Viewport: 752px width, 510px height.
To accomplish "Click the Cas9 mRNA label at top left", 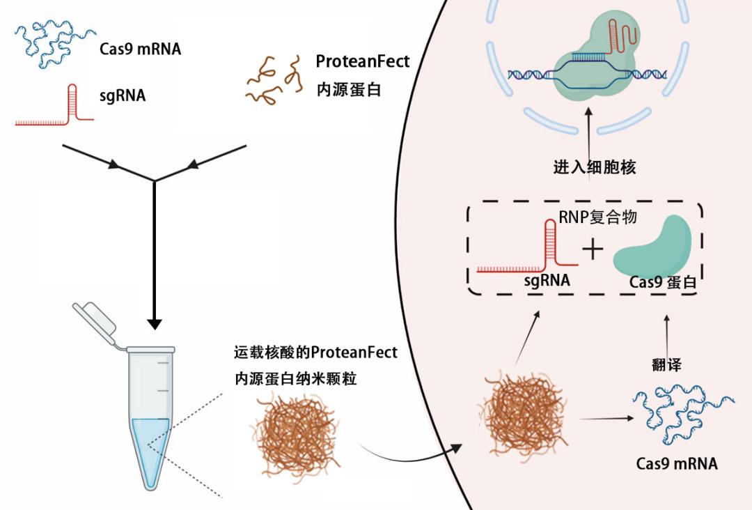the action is (140, 49).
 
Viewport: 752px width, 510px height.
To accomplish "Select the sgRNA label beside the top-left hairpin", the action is (123, 95).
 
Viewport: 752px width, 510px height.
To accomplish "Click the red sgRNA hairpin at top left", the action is (54, 105).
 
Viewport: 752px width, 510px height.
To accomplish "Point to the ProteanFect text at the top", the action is (363, 61).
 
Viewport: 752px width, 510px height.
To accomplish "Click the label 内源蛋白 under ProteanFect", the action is (349, 90).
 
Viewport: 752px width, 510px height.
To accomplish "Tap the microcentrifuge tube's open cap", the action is (95, 320).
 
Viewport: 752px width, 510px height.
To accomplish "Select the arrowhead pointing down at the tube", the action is (155, 324).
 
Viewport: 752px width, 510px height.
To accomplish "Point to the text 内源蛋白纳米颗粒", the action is (295, 379).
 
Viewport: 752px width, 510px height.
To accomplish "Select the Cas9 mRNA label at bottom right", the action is (677, 463).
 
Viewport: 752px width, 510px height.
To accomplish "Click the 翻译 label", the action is (666, 364).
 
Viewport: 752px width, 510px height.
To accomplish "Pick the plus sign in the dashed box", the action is (593, 250).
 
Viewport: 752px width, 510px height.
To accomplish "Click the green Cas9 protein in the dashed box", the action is (652, 247).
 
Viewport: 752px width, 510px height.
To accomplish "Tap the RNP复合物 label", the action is (597, 217).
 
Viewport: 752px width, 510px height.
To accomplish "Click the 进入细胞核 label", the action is (594, 167).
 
